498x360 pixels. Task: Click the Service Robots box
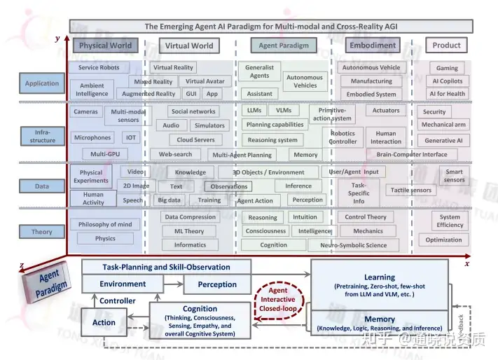point(99,68)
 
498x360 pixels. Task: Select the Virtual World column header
point(188,46)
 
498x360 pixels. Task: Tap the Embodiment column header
point(373,46)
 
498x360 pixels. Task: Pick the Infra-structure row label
point(42,136)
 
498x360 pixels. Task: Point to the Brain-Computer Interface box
point(411,155)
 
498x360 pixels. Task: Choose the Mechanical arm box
point(443,125)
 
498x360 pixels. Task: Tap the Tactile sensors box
point(411,190)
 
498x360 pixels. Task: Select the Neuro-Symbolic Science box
point(353,245)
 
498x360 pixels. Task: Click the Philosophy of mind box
point(105,225)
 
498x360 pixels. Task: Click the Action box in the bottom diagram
point(104,323)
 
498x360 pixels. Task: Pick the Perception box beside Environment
point(217,284)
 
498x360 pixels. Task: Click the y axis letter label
point(57,39)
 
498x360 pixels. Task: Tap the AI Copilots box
point(447,81)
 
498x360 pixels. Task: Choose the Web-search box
point(175,154)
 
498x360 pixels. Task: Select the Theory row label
point(42,232)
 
